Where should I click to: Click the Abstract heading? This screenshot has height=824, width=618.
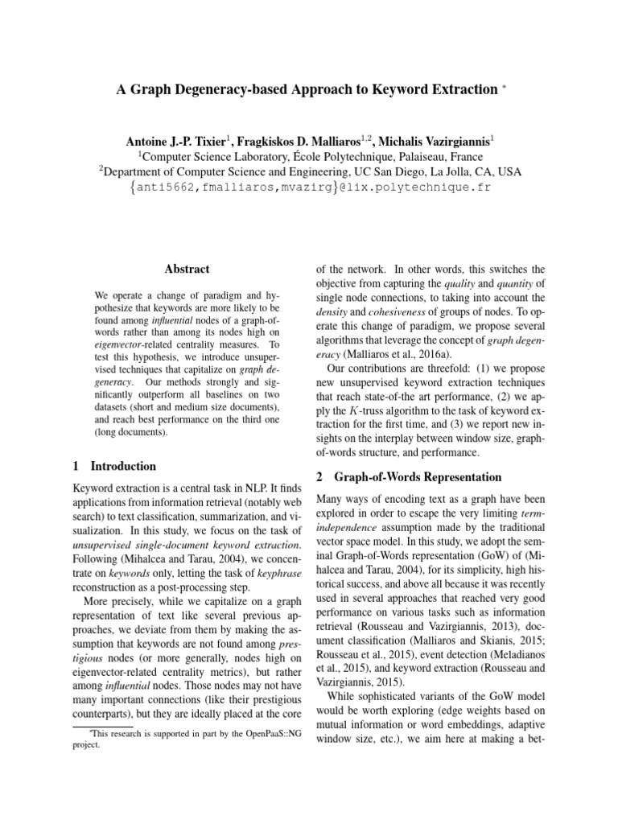tap(187, 270)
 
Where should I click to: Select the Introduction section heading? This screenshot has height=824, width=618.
tap(124, 466)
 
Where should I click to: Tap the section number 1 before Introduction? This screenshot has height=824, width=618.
tap(76, 466)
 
